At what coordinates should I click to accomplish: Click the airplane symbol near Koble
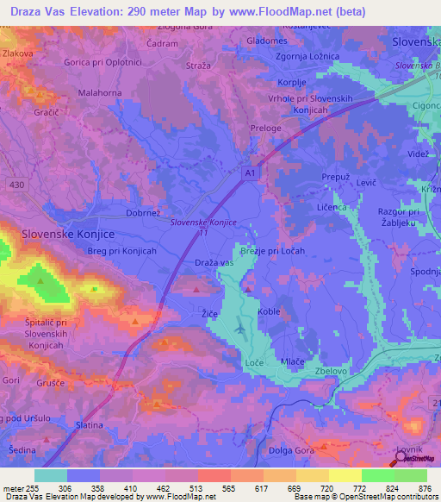click(240, 329)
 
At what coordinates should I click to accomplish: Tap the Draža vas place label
click(214, 262)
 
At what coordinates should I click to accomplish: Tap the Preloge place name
click(264, 129)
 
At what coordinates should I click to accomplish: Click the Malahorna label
click(100, 92)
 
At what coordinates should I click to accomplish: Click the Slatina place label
click(90, 425)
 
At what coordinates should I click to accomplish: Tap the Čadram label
click(163, 42)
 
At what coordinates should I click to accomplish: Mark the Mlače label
click(293, 364)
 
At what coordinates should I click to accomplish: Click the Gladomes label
click(267, 41)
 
